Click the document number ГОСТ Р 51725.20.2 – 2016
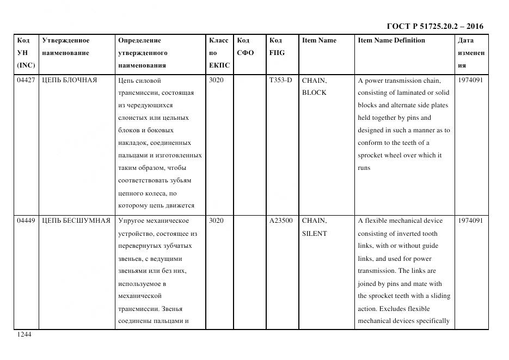[434, 26]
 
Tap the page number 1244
[24, 335]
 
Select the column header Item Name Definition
[391, 40]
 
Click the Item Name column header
[319, 40]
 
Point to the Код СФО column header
[246, 46]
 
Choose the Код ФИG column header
[277, 46]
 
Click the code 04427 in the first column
[26, 81]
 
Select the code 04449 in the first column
[26, 221]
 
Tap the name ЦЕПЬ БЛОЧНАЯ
[70, 81]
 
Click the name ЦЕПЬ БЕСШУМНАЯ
[76, 221]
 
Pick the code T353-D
[280, 81]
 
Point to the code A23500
[281, 221]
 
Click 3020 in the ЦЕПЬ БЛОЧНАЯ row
[216, 81]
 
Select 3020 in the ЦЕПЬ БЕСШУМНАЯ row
[216, 221]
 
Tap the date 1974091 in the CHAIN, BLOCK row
[470, 81]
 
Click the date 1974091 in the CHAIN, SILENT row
[470, 221]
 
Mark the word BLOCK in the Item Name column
[314, 93]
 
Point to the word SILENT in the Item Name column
[315, 234]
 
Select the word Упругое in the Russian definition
[130, 221]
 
